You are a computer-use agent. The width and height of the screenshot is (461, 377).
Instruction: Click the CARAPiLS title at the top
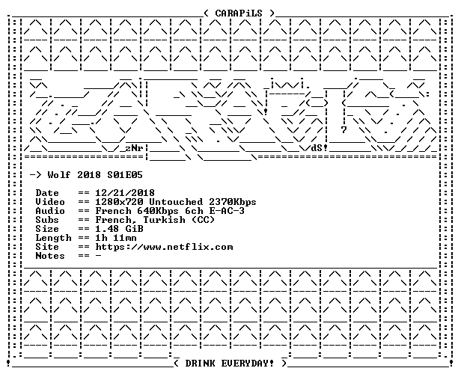[239, 13]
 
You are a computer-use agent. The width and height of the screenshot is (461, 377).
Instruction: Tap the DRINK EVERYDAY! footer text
[229, 364]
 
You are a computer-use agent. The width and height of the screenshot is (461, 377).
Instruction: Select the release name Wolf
[59, 175]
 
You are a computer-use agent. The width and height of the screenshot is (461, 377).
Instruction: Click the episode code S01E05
[125, 175]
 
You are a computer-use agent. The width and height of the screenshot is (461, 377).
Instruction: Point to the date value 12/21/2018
[125, 193]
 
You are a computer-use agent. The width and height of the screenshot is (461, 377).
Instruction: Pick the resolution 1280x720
[120, 202]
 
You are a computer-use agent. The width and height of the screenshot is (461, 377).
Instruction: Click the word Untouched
[176, 202]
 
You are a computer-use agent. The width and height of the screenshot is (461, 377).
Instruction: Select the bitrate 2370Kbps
[233, 202]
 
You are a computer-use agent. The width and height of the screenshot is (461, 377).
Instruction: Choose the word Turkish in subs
[164, 220]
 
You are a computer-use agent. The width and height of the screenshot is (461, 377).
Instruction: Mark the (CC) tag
[203, 220]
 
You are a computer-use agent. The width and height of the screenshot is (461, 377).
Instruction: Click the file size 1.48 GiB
[120, 229]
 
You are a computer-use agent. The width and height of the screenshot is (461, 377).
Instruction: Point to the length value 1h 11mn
[116, 238]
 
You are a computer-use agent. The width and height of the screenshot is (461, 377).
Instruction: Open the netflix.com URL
[164, 247]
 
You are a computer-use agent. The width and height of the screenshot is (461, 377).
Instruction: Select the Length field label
[54, 239]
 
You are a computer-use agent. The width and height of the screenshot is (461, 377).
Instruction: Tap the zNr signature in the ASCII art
[134, 148]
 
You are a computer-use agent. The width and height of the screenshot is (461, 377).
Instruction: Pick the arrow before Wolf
[36, 175]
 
